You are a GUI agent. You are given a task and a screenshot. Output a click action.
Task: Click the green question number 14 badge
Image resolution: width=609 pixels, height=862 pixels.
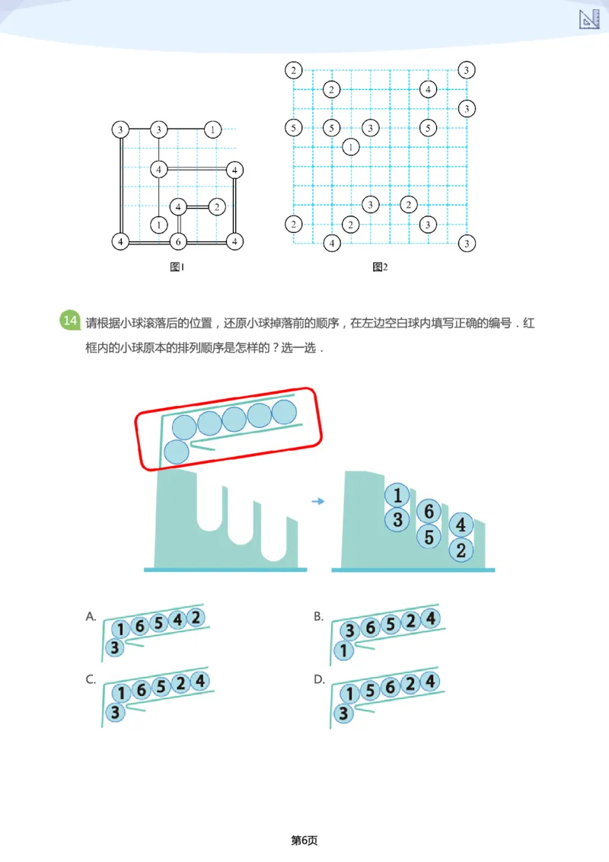[x=69, y=321]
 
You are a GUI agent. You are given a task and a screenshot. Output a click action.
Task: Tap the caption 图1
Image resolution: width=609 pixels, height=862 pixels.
[x=177, y=267]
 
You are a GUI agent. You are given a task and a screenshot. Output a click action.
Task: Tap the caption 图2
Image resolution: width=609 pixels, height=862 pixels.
[x=380, y=267]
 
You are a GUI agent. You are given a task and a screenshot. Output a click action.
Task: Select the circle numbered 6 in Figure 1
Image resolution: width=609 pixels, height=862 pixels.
[x=177, y=242]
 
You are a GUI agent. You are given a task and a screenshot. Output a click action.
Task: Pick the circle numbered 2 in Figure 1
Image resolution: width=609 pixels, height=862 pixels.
[x=217, y=206]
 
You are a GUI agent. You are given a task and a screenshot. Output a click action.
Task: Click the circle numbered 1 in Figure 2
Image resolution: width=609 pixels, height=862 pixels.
[x=350, y=147]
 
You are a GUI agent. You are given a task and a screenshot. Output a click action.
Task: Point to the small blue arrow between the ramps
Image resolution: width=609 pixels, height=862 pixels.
[x=319, y=501]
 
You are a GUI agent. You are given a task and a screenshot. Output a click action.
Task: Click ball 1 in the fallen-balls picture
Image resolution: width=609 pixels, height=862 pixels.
[x=397, y=496]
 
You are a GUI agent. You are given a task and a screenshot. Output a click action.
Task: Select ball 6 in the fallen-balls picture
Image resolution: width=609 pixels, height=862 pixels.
[x=429, y=512]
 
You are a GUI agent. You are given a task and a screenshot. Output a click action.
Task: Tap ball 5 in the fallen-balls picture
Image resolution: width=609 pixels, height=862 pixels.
[x=429, y=537]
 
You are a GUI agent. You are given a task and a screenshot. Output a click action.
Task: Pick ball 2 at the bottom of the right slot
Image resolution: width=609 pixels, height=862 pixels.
[x=461, y=551]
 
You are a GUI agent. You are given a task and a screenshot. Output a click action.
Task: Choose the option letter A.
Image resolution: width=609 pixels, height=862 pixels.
[x=91, y=617]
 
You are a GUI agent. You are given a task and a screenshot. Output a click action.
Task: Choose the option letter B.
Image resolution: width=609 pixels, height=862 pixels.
[x=319, y=617]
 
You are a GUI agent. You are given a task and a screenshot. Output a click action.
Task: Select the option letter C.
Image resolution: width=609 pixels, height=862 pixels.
[x=91, y=680]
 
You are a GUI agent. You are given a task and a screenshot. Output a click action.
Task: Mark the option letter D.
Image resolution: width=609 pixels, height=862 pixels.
[x=319, y=680]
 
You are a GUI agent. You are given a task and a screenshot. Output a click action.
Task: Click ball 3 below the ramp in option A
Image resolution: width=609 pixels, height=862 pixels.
[x=114, y=648]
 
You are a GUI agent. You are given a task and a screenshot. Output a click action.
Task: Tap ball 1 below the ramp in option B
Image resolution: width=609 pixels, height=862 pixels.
[x=343, y=650]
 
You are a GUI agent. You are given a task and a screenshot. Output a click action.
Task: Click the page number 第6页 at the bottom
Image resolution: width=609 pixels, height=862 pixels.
[x=304, y=840]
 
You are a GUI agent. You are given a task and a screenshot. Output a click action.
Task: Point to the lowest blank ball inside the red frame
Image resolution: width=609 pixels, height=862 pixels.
[x=176, y=452]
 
